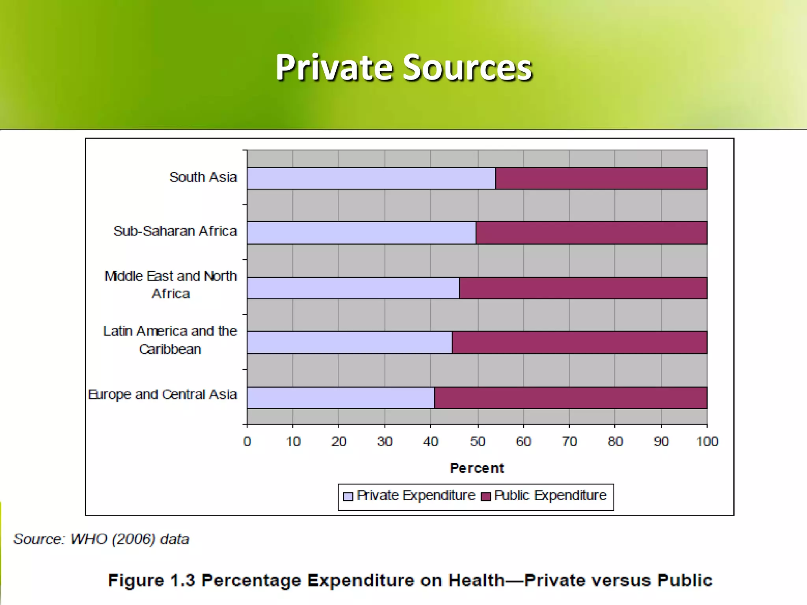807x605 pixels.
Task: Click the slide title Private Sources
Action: click(x=403, y=68)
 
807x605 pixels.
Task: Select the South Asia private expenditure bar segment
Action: click(x=371, y=178)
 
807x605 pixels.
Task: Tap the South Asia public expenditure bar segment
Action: click(x=601, y=178)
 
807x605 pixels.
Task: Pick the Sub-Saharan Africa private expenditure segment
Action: click(x=361, y=233)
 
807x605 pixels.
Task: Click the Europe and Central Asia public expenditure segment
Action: click(x=571, y=398)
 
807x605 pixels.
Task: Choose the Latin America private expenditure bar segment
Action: click(x=350, y=342)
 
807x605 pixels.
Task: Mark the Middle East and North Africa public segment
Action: click(x=583, y=288)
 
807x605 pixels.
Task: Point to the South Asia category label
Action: click(x=203, y=177)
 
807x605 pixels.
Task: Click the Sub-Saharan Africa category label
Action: click(x=175, y=231)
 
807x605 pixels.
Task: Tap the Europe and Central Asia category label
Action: click(x=163, y=394)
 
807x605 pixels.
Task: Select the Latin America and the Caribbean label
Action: click(x=170, y=340)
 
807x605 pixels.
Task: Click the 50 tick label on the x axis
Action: click(x=478, y=442)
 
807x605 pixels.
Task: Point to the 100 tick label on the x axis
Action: click(x=707, y=442)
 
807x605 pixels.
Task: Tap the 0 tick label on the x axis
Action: click(x=247, y=442)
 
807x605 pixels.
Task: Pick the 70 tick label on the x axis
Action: click(x=569, y=442)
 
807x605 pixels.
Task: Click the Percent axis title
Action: click(x=477, y=468)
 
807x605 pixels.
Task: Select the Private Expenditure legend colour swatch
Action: click(x=348, y=496)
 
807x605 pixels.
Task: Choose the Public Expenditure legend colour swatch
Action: click(x=486, y=496)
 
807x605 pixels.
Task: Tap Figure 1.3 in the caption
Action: click(x=151, y=581)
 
